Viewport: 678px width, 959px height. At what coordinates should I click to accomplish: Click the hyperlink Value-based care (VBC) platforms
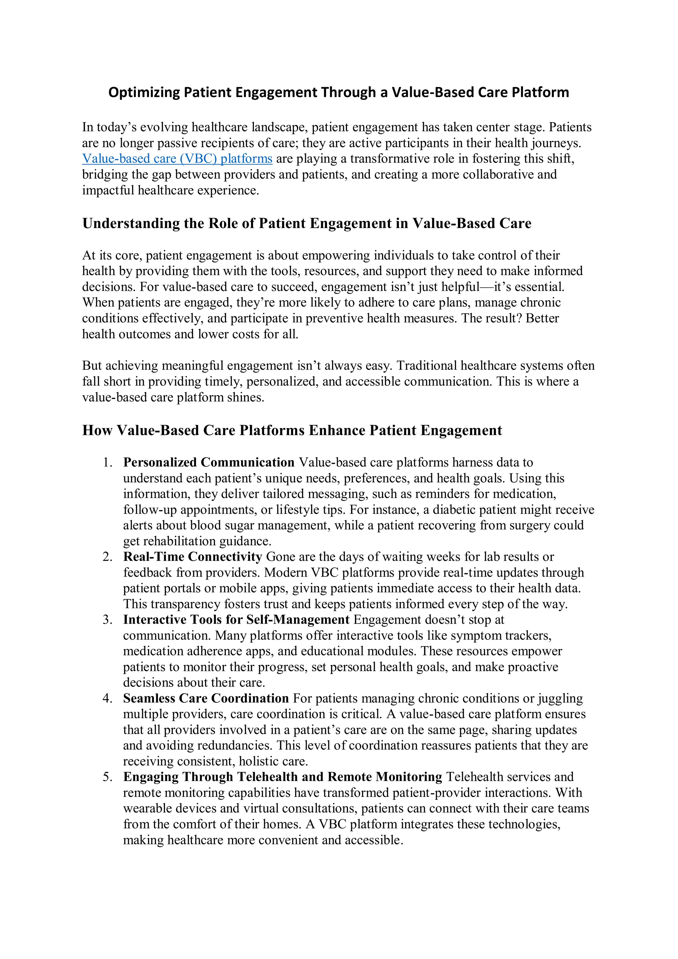(177, 159)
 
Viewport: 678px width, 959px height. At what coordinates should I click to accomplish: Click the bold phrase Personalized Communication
(209, 462)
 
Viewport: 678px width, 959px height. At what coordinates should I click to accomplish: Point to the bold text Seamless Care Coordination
(206, 698)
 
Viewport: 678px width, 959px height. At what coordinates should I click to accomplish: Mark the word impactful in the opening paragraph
(108, 190)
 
